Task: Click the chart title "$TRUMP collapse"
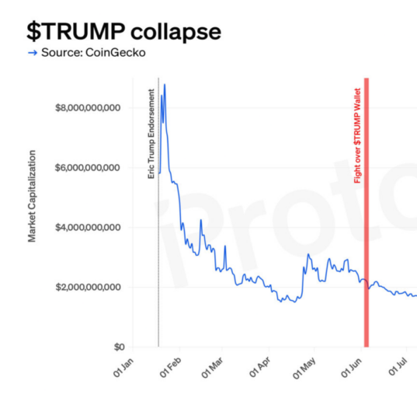point(124,32)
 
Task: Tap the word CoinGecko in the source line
point(116,52)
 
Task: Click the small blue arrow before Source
point(33,53)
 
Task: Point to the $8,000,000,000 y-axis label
point(88,108)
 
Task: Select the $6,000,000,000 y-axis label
point(88,168)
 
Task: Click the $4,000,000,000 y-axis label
point(88,227)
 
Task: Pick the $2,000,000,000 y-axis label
point(88,287)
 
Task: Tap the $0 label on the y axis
point(119,347)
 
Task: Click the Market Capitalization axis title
point(32,196)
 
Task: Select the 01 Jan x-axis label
point(123,368)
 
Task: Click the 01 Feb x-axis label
point(171,368)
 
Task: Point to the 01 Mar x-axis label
point(212,368)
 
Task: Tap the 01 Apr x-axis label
point(260,368)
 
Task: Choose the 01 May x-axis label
point(304,368)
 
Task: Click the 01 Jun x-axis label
point(351,368)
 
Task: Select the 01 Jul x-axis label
point(398,367)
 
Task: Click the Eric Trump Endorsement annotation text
point(151,134)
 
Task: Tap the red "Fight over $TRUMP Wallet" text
point(357,136)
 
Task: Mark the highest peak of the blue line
point(165,85)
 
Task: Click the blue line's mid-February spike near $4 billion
point(201,220)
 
